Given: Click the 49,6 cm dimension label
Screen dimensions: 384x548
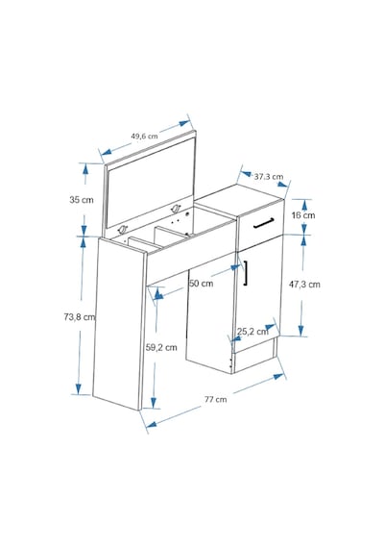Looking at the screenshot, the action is click(144, 136).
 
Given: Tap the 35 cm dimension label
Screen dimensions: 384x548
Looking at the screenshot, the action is click(82, 200).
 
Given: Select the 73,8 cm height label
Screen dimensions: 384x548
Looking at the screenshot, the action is click(80, 317).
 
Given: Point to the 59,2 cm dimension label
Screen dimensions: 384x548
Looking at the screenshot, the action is click(161, 347).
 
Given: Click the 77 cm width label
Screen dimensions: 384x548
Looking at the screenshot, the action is click(215, 399).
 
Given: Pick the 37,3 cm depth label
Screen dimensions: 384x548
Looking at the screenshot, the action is click(269, 177).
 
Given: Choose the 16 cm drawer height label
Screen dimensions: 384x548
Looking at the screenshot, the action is click(303, 215).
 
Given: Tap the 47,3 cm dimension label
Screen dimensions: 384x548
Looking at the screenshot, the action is click(304, 285).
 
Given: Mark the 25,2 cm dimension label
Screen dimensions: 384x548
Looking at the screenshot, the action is click(252, 331).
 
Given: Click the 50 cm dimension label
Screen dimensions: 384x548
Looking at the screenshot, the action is click(201, 283).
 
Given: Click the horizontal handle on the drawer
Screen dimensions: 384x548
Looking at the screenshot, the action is click(264, 223).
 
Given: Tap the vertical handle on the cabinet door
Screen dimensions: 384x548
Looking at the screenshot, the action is click(246, 273).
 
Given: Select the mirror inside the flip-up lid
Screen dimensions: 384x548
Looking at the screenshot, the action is click(150, 182).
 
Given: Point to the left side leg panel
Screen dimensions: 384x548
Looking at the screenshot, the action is click(119, 323).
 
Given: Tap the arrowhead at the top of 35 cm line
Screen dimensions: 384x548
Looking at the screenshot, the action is click(84, 169).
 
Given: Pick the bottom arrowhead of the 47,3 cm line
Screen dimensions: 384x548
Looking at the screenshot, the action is click(300, 331).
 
